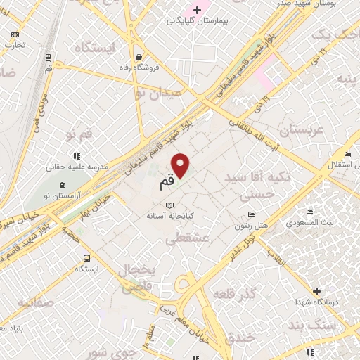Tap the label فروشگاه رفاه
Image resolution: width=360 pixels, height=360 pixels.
pos(140,68)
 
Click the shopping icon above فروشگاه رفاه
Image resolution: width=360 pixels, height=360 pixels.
pos(139,56)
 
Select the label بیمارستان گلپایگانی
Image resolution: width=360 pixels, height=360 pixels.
pos(198,21)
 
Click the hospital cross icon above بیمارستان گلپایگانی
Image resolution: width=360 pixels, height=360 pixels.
pos(198,9)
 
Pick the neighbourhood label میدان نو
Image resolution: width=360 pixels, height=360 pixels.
pos(158,92)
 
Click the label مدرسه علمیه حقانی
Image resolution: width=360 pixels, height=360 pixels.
pos(76,167)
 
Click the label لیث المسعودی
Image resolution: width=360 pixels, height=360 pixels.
pos(310,223)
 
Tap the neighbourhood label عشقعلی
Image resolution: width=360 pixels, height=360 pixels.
pos(185,239)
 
